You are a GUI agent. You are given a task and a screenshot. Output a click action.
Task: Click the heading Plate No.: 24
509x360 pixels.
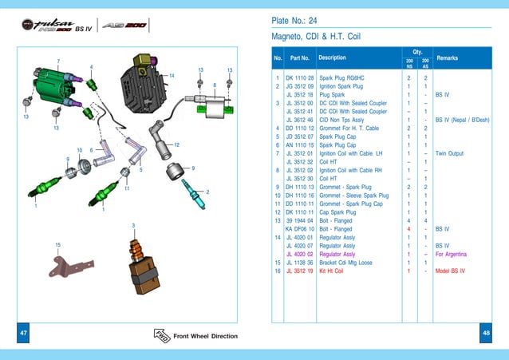point(295,21)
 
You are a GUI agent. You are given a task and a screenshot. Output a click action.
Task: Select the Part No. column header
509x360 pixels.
point(299,58)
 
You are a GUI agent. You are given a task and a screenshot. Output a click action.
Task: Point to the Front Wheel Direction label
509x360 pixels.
point(205,336)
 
